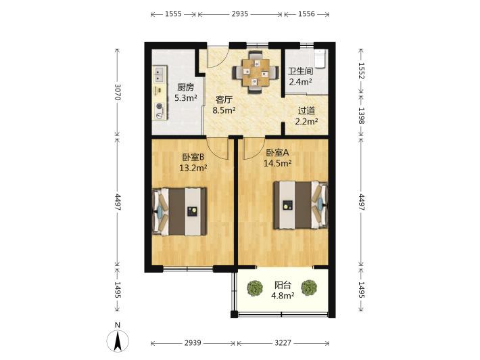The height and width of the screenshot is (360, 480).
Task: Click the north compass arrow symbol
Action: click(118, 341)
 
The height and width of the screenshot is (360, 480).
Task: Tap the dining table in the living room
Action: click(256, 72)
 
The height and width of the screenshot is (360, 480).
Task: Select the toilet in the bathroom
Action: click(319, 58)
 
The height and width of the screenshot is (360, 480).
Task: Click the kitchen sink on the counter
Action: click(159, 74)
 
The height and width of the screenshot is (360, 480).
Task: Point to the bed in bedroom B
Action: click(179, 211)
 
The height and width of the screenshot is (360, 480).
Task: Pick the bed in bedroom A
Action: click(301, 205)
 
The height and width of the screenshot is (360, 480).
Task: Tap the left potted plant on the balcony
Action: click(255, 288)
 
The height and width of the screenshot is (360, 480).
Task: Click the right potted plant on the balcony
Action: click(309, 288)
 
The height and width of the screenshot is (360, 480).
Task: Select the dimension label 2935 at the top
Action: click(240, 14)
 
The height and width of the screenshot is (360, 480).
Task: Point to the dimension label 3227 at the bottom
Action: click(283, 343)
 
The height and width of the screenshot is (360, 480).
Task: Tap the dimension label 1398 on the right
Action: click(361, 116)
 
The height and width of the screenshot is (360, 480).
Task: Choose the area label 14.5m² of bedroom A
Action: click(278, 163)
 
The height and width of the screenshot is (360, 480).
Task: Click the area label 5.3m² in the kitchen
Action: click(185, 98)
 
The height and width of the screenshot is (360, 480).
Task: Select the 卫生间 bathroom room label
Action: click(301, 71)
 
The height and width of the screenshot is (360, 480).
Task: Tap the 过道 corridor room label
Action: click(306, 111)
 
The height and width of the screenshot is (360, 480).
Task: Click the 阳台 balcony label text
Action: click(283, 286)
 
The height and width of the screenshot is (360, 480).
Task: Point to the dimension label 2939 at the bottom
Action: click(193, 343)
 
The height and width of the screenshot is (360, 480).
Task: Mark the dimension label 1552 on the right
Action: click(361, 71)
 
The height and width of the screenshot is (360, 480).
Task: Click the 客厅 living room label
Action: click(224, 100)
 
